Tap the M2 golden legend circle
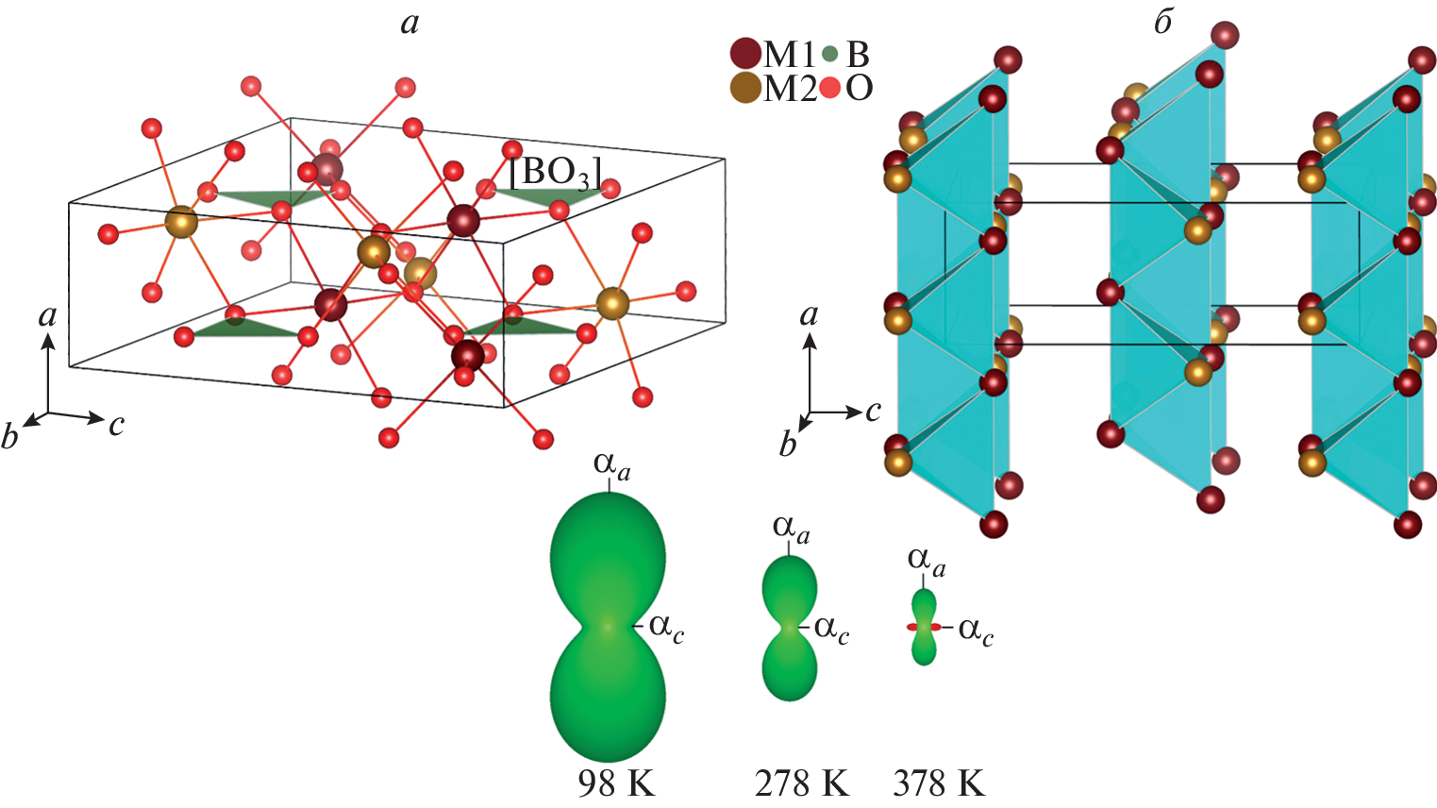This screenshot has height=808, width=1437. click(745, 89)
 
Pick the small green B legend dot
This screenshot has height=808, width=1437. click(829, 55)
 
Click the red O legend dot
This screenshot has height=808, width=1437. click(829, 89)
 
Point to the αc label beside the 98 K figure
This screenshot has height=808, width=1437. click(666, 627)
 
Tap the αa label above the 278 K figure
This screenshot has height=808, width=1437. click(791, 529)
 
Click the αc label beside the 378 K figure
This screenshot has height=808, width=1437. click(976, 630)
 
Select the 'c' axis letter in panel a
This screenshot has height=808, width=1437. click(116, 425)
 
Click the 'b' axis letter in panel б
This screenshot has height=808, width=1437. click(788, 444)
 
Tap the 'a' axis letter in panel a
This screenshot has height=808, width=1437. click(47, 315)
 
